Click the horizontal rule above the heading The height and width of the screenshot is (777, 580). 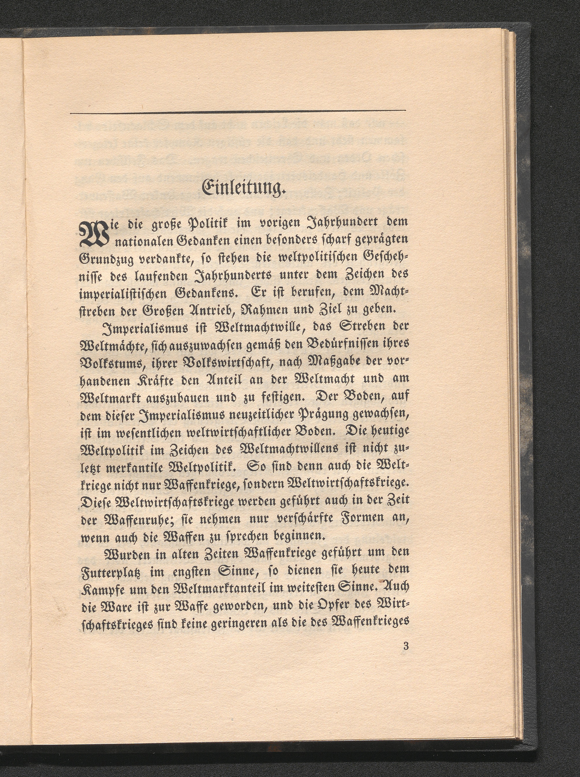(238, 112)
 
